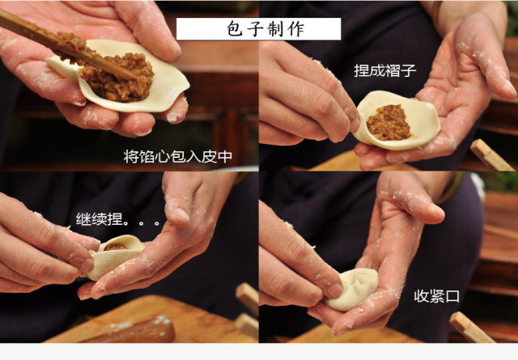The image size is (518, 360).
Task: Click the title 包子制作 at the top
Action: click(258, 28)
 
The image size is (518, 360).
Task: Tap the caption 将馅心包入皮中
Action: click(177, 156)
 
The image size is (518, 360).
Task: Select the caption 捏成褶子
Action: click(385, 70)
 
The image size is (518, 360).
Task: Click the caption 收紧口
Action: click(437, 296)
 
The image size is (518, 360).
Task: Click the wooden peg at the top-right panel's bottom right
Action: click(490, 155)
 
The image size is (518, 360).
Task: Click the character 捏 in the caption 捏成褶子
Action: click(362, 70)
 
